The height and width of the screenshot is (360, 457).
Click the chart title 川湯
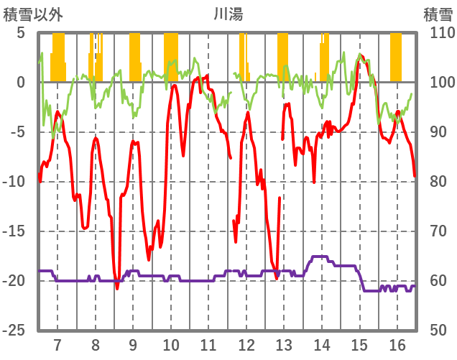[228, 13]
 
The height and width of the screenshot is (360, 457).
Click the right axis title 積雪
[438, 13]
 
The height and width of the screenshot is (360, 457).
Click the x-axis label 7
[57, 344]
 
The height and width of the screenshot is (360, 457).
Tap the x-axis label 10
[170, 344]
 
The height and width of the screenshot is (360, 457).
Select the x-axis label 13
[283, 344]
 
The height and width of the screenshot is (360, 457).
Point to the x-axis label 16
[396, 344]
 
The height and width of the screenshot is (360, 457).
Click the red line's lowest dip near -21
[117, 287]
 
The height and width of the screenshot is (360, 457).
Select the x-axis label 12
[246, 344]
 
